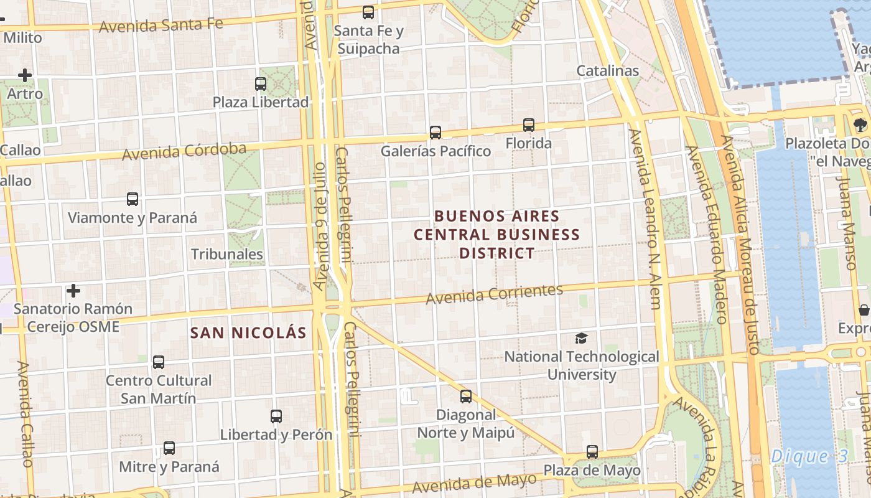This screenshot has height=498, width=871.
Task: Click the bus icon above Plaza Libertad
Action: [x=261, y=83]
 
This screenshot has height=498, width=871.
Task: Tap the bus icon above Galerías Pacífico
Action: [x=435, y=132]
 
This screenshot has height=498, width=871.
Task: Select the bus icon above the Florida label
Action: [x=529, y=125]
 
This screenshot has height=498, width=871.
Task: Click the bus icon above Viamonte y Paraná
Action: [x=133, y=199]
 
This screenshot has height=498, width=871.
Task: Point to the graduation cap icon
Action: [x=581, y=338]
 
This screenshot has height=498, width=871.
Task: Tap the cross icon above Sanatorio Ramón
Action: [x=73, y=291]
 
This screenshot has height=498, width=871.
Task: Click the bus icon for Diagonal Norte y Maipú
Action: [x=466, y=396]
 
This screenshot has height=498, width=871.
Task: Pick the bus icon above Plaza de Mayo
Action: [x=592, y=452]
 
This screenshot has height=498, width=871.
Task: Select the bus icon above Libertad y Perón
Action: [x=276, y=416]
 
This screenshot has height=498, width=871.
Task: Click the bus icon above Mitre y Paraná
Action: [x=169, y=448]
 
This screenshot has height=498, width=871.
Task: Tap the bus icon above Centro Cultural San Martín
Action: [x=159, y=362]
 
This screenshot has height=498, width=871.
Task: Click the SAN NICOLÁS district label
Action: [x=248, y=332]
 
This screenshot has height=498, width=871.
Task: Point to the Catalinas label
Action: [x=608, y=70]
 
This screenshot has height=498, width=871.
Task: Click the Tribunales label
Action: [x=227, y=254]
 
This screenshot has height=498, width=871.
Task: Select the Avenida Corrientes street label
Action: [x=495, y=294]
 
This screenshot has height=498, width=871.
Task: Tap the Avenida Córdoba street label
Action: [x=184, y=151]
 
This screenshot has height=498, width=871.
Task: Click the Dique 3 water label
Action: [x=809, y=456]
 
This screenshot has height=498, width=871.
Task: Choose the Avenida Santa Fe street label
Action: [x=161, y=26]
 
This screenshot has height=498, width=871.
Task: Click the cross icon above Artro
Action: [x=25, y=76]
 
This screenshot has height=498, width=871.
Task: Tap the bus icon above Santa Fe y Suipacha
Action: [x=368, y=12]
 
